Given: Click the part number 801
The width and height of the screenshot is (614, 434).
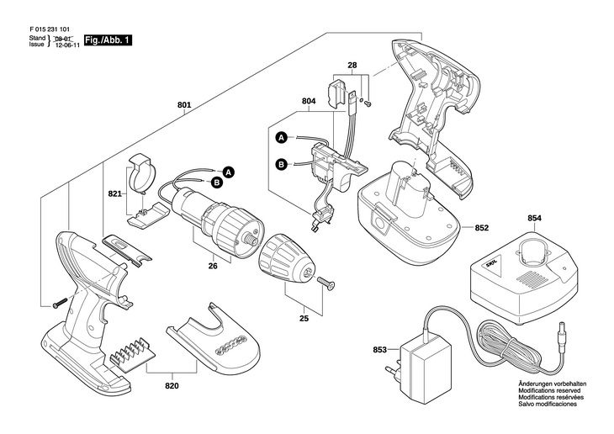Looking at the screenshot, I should click(185, 106).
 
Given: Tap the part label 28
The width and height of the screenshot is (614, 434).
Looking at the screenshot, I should click(352, 65).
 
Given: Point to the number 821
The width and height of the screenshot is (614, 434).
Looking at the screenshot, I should click(114, 193).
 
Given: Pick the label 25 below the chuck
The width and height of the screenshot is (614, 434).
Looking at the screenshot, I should click(304, 318).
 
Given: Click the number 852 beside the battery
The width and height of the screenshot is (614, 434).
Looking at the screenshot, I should click(482, 227).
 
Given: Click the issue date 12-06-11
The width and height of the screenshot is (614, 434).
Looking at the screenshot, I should click(67, 49).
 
